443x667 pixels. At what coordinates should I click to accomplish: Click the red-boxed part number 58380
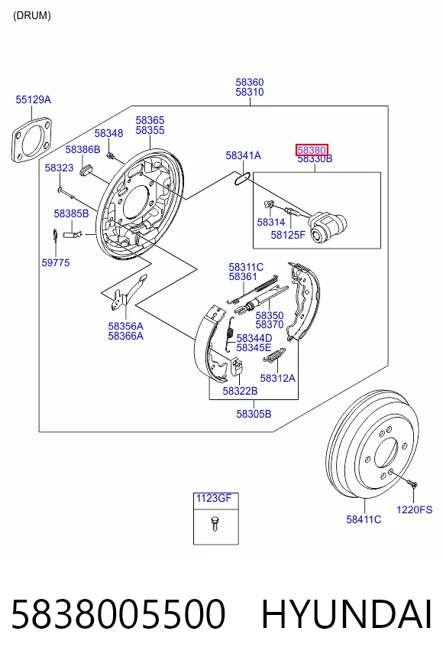[312, 150]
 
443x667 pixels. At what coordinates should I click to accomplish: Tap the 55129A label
[33, 99]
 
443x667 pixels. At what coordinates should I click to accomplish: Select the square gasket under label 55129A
[32, 139]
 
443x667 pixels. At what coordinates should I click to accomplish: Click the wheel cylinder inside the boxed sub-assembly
[327, 228]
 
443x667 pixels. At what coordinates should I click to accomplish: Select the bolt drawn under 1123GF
[215, 523]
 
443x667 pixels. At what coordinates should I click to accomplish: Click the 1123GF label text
[214, 498]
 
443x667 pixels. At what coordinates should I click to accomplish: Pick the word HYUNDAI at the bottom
[347, 614]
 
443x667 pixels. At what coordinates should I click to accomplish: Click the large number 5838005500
[118, 614]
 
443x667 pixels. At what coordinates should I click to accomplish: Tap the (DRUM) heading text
[32, 16]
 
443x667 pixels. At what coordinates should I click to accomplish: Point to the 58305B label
[254, 414]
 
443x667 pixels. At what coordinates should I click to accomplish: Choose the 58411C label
[364, 519]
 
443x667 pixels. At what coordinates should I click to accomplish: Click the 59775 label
[56, 262]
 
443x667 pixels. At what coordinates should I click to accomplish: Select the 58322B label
[240, 391]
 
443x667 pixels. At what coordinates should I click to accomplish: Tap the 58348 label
[108, 133]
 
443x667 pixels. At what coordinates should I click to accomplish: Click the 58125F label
[288, 235]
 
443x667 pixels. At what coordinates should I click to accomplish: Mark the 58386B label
[82, 149]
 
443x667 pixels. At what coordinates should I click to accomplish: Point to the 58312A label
[277, 378]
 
